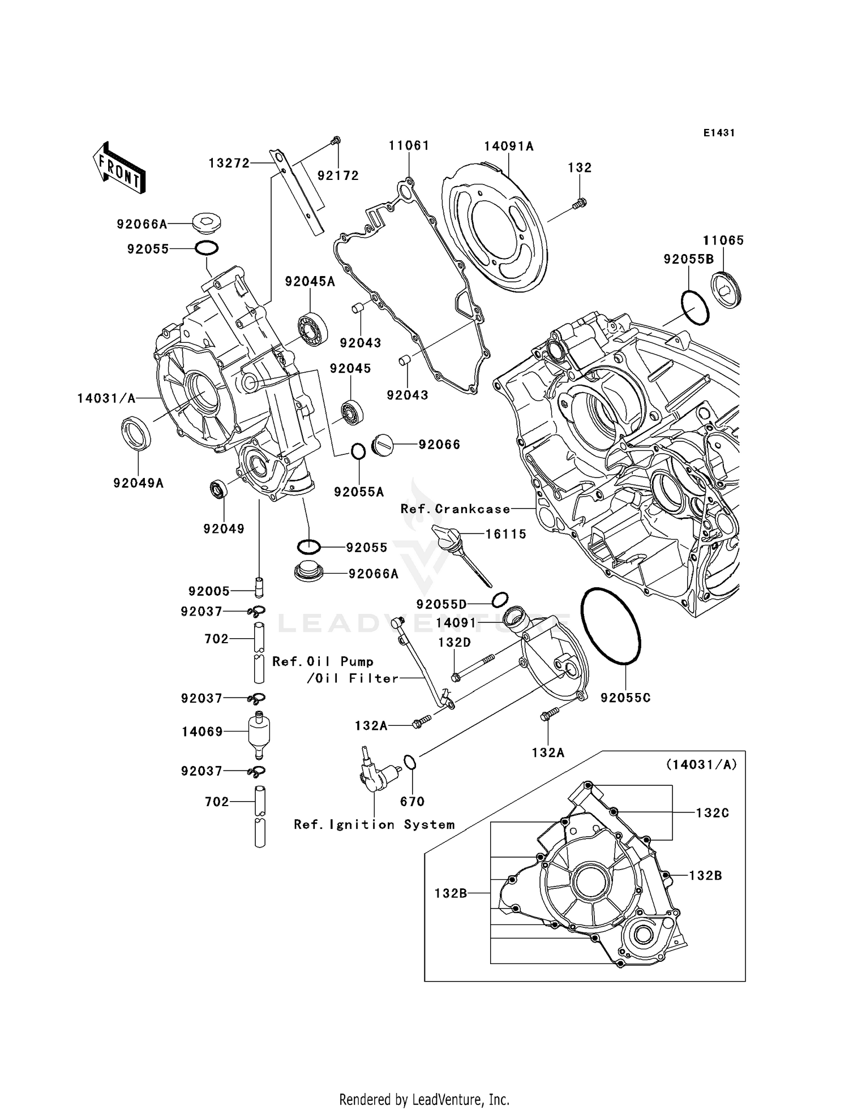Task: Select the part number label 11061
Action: coord(409,145)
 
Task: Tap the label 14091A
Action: coord(509,147)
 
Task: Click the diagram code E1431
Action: coord(719,133)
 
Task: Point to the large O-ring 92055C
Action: coord(611,625)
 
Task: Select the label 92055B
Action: coord(688,259)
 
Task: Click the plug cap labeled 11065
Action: coord(726,290)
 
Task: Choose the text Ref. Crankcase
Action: coord(455,509)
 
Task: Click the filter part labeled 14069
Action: coord(259,732)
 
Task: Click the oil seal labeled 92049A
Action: coord(136,433)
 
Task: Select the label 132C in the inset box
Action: coord(712,812)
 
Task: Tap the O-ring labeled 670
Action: coord(410,763)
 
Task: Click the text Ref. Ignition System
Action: coord(374,825)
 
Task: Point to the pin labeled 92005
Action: coord(259,587)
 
